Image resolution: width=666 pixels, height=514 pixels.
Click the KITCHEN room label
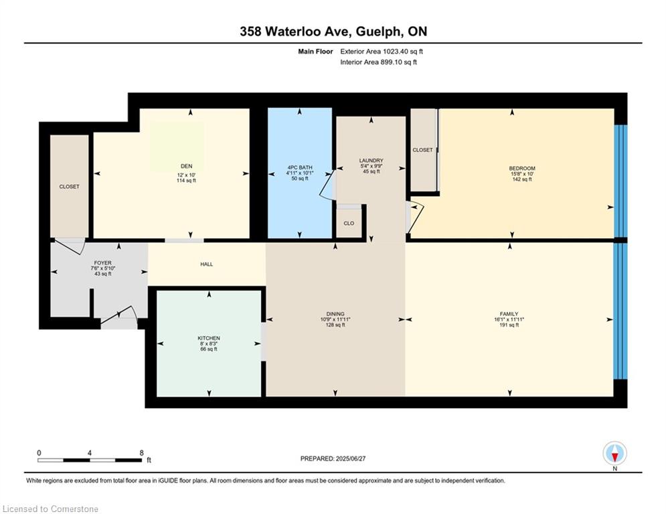point(209,338)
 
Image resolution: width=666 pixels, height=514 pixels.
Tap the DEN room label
point(187,166)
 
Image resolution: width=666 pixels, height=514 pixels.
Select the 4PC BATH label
point(300,167)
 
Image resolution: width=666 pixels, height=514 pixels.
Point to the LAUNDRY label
point(371,161)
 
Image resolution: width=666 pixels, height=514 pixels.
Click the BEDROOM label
point(522,168)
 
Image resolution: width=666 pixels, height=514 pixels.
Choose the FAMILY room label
point(509,314)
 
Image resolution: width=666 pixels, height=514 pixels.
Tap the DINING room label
point(335,314)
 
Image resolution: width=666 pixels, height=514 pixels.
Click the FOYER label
point(103,263)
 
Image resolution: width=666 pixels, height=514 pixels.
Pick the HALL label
point(206,264)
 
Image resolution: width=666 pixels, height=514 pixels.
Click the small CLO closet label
point(349,224)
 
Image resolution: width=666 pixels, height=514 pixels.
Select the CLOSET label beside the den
point(69,187)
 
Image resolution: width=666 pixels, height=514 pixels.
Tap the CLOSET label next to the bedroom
point(422,150)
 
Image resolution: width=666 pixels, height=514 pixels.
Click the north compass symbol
point(614,454)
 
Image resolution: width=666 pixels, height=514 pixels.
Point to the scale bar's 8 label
point(141,453)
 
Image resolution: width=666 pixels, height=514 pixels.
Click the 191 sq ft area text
point(509,325)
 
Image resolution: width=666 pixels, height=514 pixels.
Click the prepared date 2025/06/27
point(351,458)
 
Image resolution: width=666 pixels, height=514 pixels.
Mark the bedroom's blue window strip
point(620,182)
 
